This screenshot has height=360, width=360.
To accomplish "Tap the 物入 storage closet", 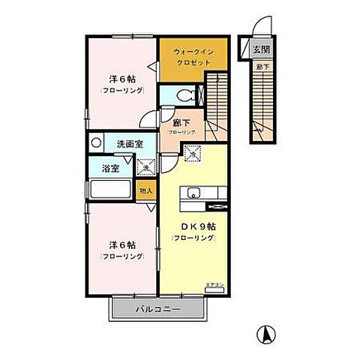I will pyautogui.click(x=147, y=191).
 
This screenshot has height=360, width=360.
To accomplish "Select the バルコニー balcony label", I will pyautogui.click(x=157, y=309).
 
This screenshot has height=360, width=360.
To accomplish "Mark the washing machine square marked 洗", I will pyautogui.click(x=146, y=167).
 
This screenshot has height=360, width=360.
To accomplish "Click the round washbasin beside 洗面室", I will pyautogui.click(x=95, y=142).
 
